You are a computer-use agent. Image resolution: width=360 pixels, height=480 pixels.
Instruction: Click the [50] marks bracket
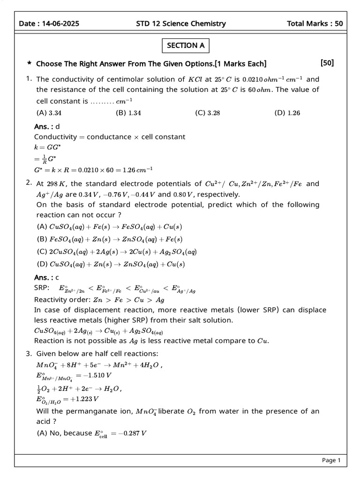(327, 63)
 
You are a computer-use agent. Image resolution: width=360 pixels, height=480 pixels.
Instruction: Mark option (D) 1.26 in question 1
(287, 112)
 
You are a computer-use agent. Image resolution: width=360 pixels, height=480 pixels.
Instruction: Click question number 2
(29, 183)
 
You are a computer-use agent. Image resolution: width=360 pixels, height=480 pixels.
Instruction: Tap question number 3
(29, 353)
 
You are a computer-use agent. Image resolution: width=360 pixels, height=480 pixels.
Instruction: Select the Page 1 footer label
(331, 460)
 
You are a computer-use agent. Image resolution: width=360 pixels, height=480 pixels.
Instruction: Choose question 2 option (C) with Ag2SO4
(117, 252)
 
